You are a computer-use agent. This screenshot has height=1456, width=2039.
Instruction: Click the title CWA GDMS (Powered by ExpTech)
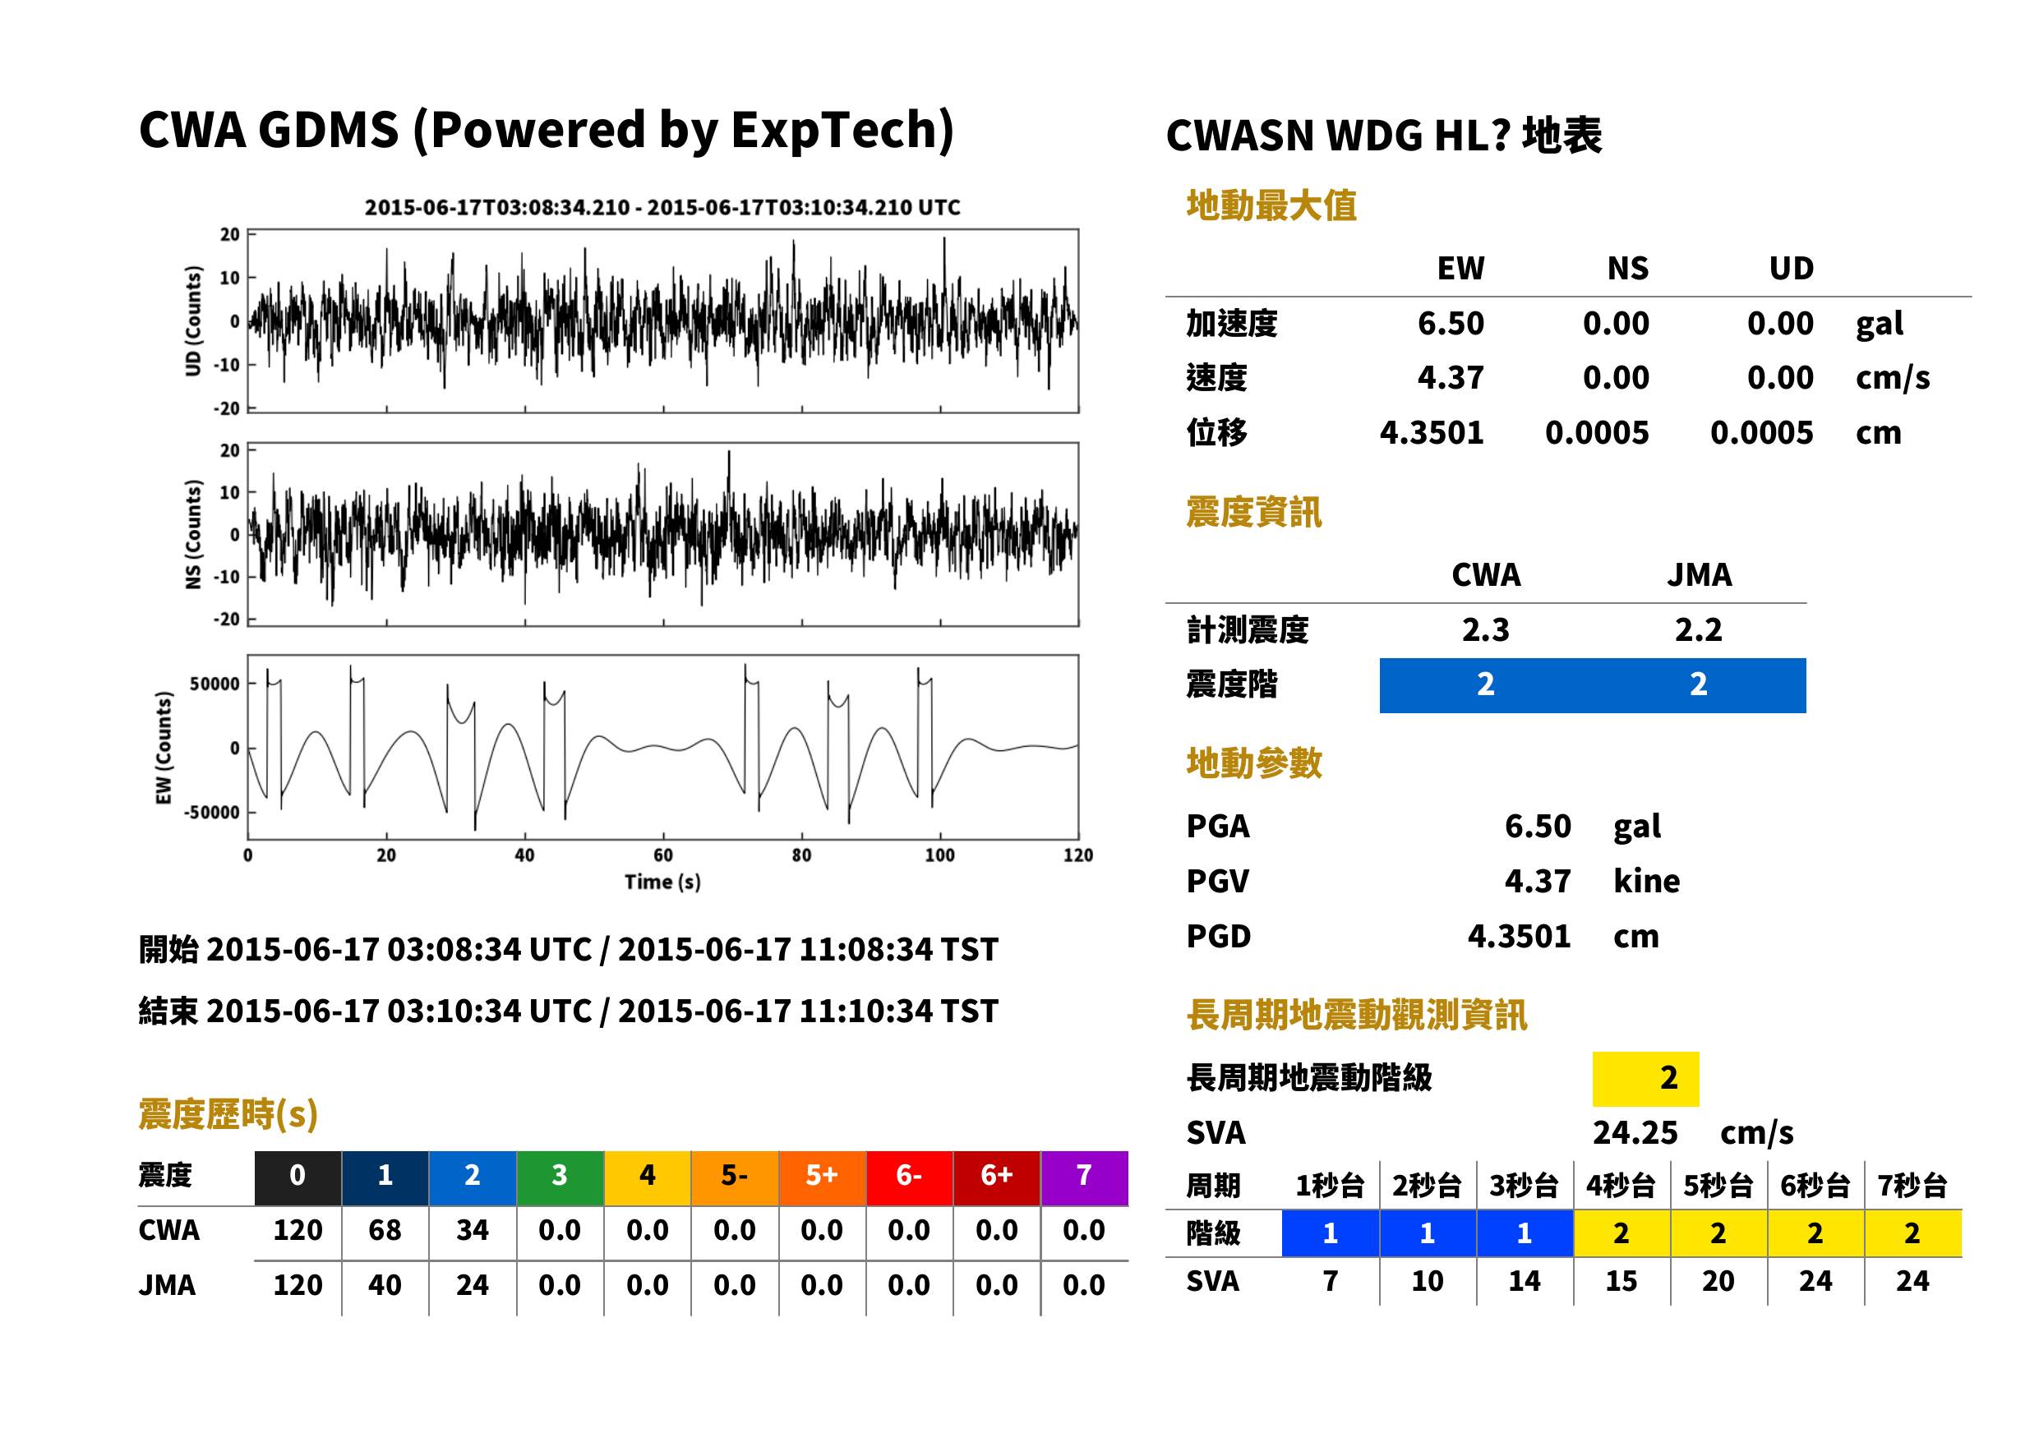tap(546, 130)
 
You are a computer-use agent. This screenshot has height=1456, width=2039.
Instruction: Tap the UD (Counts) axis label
tap(193, 320)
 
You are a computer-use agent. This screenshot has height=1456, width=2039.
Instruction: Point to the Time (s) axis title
tap(662, 882)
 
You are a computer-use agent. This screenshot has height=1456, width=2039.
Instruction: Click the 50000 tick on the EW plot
tap(215, 684)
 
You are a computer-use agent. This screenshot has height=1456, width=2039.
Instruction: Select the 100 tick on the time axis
tap(939, 855)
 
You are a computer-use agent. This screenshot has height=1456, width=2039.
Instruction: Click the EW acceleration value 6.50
tap(1450, 324)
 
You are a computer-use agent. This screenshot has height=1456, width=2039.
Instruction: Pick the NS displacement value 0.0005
tap(1596, 433)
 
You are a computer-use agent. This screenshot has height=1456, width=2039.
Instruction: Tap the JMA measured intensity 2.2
tap(1697, 630)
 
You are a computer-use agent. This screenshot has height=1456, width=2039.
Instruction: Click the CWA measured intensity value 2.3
tap(1485, 630)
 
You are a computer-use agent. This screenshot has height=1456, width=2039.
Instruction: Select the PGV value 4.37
tap(1537, 882)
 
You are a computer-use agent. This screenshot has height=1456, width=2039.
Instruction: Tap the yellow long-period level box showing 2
tap(1645, 1079)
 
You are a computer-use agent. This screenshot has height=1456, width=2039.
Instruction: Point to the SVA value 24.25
tap(1635, 1133)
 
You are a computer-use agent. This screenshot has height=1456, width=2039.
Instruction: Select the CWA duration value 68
tap(385, 1230)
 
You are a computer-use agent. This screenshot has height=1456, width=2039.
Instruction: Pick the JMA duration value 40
tap(385, 1286)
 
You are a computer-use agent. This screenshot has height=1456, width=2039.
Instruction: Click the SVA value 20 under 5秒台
tap(1718, 1281)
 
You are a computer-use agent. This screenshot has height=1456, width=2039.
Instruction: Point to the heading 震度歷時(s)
tap(228, 1114)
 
